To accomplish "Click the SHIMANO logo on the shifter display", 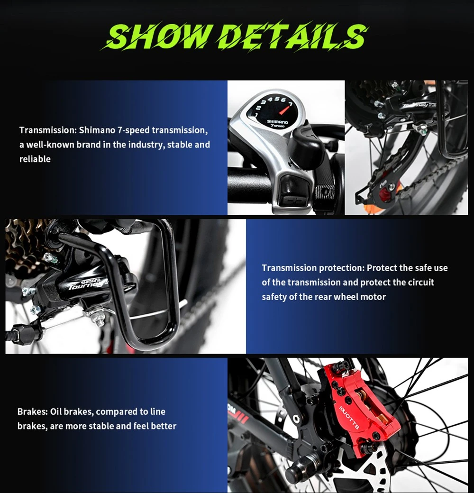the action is tap(277, 122).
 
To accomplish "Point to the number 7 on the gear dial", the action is tap(290, 104).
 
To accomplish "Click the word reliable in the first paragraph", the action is tap(35, 159).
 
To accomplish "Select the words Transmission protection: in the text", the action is tap(313, 268).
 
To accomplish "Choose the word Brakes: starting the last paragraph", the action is tap(32, 411).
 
